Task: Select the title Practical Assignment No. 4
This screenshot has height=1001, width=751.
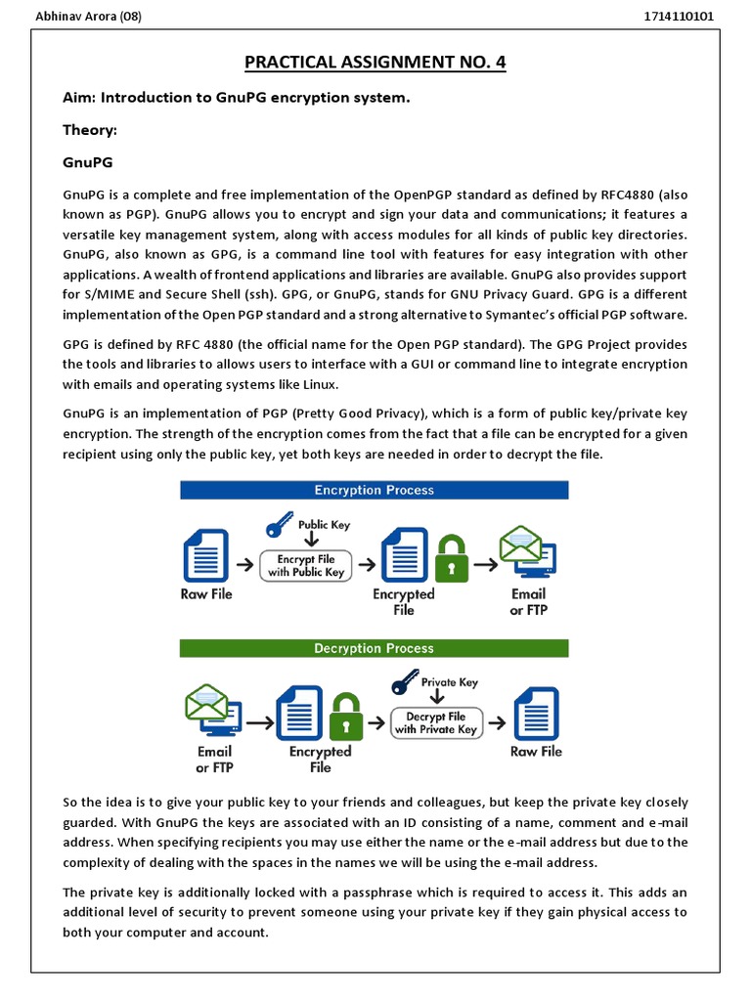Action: pyautogui.click(x=375, y=64)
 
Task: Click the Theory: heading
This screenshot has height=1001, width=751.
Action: pyautogui.click(x=90, y=129)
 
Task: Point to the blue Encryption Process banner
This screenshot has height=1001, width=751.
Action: pyautogui.click(x=374, y=490)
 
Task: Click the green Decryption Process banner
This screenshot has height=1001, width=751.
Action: pyautogui.click(x=374, y=648)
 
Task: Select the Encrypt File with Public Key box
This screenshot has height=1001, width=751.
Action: pyautogui.click(x=305, y=565)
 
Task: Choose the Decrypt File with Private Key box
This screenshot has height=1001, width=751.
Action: pyautogui.click(x=436, y=722)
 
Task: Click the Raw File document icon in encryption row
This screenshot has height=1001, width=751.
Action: pyautogui.click(x=205, y=555)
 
